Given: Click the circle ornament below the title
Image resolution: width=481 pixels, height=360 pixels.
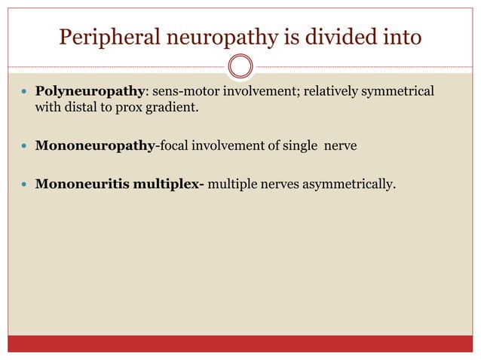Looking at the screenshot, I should (x=240, y=67).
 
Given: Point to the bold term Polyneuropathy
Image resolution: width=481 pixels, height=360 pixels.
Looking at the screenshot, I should (x=89, y=91).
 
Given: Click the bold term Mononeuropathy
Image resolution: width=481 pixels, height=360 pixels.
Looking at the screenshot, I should (x=94, y=145).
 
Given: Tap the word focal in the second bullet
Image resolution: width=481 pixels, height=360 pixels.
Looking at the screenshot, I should (x=173, y=145).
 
